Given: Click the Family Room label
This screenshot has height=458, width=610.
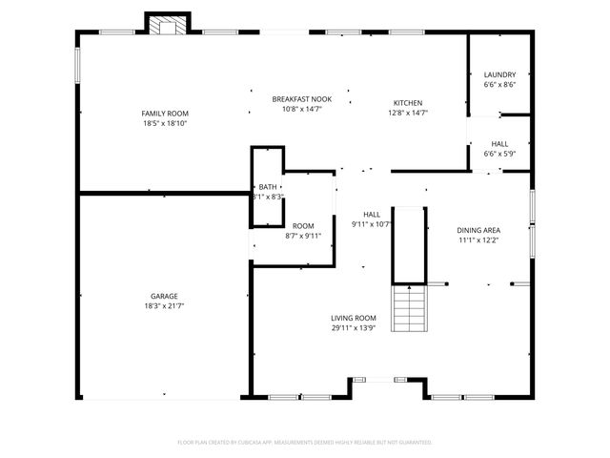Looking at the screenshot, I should (x=165, y=114).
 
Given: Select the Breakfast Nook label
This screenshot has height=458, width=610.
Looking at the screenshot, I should (x=301, y=99).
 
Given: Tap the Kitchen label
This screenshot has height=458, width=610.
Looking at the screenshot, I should (x=408, y=103).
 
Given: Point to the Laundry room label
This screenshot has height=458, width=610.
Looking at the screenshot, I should (x=499, y=74).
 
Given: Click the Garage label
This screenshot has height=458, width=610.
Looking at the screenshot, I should (x=164, y=296).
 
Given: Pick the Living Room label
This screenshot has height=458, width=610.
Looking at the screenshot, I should (x=354, y=318).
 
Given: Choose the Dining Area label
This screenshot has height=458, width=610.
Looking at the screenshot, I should (x=478, y=230).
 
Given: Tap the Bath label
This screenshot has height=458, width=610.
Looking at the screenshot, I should (x=267, y=187).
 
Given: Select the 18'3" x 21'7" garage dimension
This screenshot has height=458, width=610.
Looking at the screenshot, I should (x=164, y=306).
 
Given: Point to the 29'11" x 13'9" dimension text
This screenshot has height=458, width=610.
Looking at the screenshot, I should (x=354, y=328).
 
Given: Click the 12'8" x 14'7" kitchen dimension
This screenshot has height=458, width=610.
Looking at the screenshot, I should (x=408, y=113).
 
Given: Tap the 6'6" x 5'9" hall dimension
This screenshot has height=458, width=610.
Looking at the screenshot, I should (x=499, y=154).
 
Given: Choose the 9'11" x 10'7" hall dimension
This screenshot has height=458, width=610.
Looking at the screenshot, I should (x=371, y=224).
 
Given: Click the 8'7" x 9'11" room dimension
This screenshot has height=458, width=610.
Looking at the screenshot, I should (x=303, y=236).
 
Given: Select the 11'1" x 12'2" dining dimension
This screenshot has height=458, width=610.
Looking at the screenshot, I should (x=478, y=240).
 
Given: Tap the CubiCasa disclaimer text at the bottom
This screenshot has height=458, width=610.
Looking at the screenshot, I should (x=305, y=443).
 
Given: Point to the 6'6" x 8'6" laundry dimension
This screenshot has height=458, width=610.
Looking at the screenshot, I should (x=499, y=85).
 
